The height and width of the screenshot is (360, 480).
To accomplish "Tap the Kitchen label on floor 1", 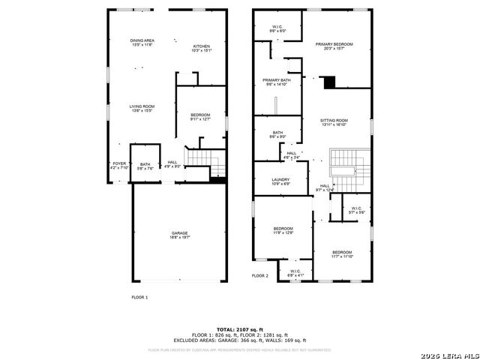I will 202,48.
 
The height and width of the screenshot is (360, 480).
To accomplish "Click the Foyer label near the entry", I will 119,165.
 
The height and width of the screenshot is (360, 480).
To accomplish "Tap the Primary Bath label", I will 276,82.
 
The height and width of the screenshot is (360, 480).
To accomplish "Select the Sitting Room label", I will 334,122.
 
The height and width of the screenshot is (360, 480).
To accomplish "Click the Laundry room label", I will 280,181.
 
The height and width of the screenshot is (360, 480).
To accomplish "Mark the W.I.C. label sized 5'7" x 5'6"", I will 356,210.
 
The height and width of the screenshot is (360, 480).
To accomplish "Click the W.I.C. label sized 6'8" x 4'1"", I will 295,273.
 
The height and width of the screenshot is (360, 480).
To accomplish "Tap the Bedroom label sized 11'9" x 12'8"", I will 283,230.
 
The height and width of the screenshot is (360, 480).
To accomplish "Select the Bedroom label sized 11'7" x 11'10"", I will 342,254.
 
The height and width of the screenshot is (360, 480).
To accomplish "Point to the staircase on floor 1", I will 204,161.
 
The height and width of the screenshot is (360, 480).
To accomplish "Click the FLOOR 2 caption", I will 259,276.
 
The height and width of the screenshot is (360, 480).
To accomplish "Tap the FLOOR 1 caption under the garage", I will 139,298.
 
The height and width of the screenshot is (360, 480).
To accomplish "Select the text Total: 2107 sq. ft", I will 239,329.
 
